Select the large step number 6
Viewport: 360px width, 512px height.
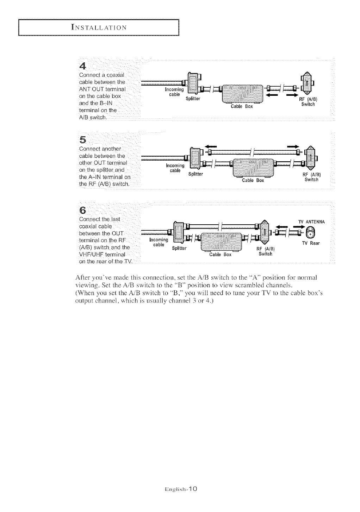(x=83, y=211)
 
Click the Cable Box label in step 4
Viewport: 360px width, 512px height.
(x=241, y=107)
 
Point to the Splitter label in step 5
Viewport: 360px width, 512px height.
(x=196, y=174)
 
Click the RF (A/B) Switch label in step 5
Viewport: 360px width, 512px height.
(x=311, y=177)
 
